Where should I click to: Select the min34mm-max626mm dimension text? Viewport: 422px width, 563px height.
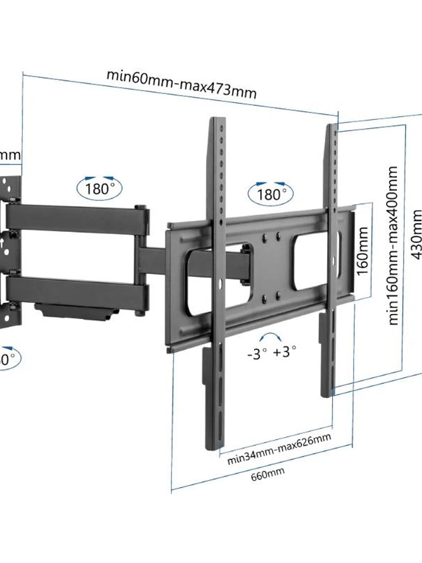click(x=279, y=449)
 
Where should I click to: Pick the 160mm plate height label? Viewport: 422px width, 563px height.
click(x=363, y=251)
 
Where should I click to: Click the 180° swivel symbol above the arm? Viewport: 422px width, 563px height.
click(x=99, y=188)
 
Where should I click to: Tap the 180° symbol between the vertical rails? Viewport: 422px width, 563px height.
click(x=271, y=193)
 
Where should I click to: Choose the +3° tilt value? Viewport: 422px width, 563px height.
click(x=284, y=351)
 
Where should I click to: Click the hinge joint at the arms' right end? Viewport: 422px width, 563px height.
click(x=142, y=259)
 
